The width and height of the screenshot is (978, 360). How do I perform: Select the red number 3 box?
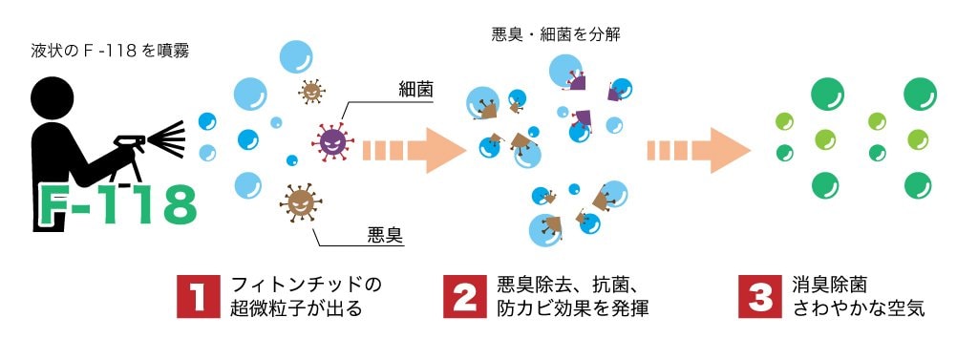point(761,298)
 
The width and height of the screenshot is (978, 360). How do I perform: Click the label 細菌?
point(415,90)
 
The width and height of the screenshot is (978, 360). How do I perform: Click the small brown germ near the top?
point(311,92)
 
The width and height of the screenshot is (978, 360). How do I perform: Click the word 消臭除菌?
point(829,285)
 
